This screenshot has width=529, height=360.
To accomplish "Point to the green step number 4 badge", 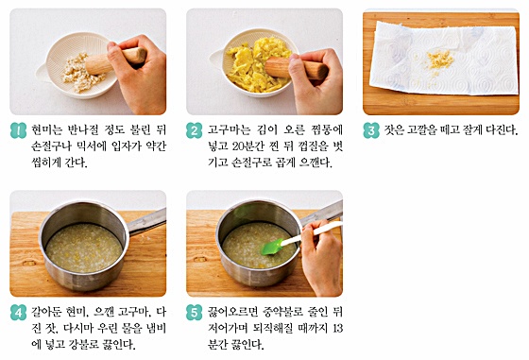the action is (x=18, y=313).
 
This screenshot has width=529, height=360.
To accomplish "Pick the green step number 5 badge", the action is (x=194, y=313).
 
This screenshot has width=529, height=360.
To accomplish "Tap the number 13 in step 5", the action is (x=337, y=328).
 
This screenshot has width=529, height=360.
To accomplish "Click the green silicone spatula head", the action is (x=272, y=248).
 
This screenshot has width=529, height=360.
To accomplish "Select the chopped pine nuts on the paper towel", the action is (x=438, y=60).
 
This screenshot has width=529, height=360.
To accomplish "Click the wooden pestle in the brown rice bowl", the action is (x=115, y=61).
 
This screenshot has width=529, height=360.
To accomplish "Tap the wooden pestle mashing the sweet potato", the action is (x=297, y=68).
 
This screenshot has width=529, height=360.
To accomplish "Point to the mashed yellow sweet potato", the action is (x=257, y=64).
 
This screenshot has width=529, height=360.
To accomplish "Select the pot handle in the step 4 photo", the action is (x=146, y=222).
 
